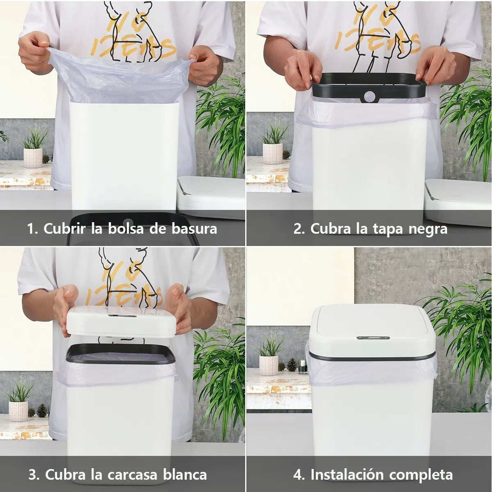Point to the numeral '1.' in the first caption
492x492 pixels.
(33, 228)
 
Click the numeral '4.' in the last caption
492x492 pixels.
(299, 475)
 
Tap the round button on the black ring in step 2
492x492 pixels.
(371, 97)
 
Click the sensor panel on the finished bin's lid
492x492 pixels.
(372, 338)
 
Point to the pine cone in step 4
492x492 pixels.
(292, 364)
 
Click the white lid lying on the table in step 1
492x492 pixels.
(211, 197)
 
